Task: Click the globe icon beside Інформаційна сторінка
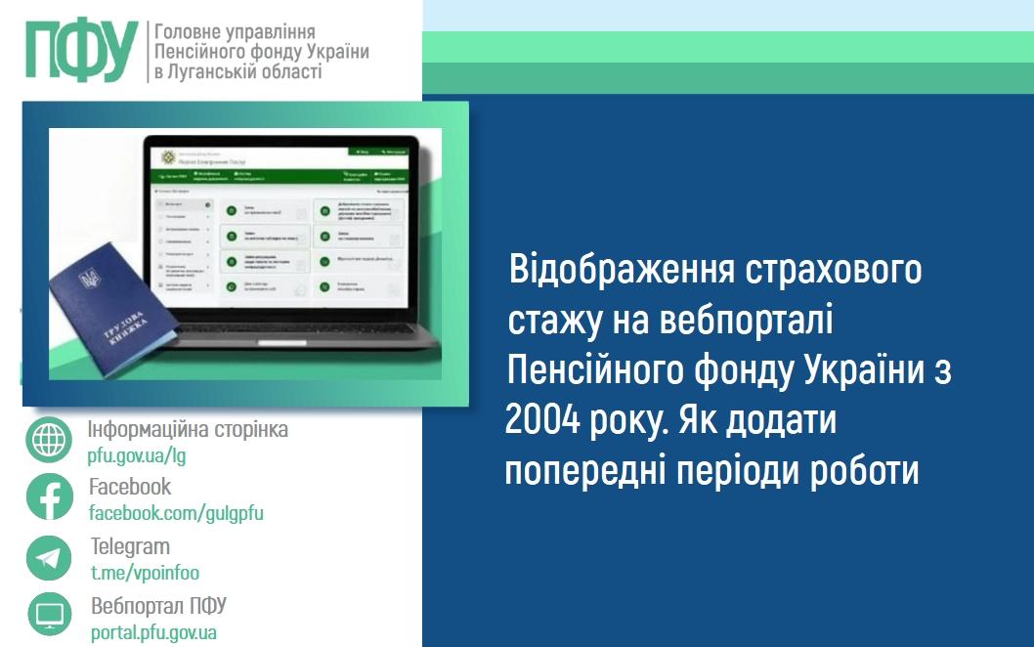(49, 440)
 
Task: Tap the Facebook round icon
(49, 496)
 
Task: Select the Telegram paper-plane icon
(49, 557)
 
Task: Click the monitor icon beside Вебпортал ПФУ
(49, 615)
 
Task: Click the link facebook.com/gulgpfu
(176, 513)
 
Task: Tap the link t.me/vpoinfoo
(145, 574)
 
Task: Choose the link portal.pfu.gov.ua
(153, 632)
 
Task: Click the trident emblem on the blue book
(89, 280)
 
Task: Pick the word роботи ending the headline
(865, 471)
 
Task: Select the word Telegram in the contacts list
(130, 546)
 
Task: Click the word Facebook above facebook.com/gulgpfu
(130, 487)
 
